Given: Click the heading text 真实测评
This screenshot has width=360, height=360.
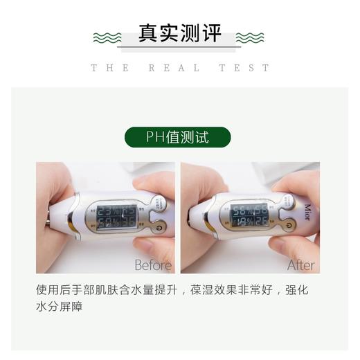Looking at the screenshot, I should [x=179, y=35].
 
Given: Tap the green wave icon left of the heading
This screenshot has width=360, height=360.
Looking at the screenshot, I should [x=107, y=37].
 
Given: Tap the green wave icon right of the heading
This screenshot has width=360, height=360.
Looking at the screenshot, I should [x=250, y=37].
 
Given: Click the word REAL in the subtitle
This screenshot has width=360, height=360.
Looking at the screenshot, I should [x=174, y=68].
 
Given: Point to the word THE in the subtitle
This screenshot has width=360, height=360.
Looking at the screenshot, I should [x=109, y=68].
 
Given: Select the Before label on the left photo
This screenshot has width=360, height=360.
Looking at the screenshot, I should [x=153, y=265].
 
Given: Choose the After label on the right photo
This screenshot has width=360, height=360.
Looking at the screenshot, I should [x=300, y=265].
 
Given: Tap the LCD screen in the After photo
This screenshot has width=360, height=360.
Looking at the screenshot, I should [x=250, y=217].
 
